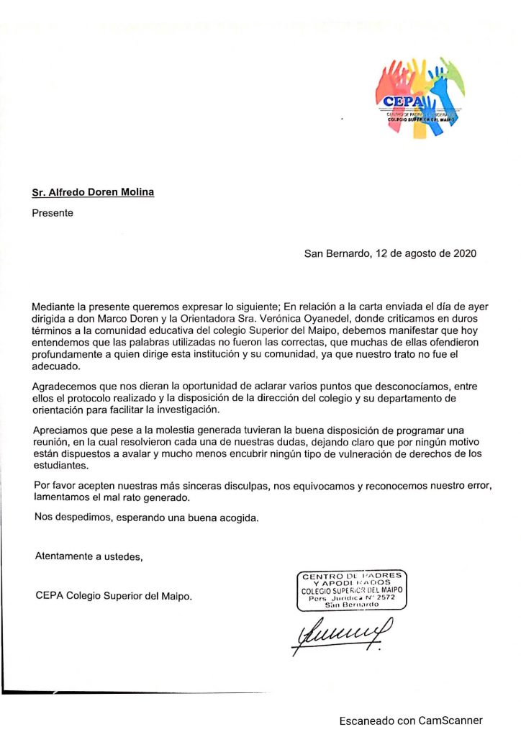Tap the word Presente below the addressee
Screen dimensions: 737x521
pos(53,213)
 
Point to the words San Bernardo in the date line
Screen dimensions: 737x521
pos(335,253)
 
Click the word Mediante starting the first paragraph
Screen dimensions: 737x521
pos(57,307)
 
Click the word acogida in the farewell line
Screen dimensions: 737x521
pos(238,517)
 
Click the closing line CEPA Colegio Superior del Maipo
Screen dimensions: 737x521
pos(114,596)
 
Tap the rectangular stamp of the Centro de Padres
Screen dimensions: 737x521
pos(353,589)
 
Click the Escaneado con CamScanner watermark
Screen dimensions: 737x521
pos(411,720)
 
